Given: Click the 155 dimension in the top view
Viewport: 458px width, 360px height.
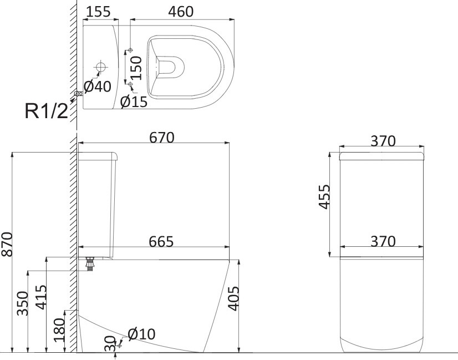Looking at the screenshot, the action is pyautogui.click(x=99, y=12).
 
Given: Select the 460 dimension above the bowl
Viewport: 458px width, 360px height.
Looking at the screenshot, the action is pyautogui.click(x=181, y=12).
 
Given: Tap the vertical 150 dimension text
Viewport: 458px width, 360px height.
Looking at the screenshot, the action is pyautogui.click(x=136, y=68).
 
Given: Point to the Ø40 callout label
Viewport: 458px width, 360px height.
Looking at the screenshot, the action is pyautogui.click(x=98, y=87).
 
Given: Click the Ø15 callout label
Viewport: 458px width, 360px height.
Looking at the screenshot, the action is pyautogui.click(x=134, y=102).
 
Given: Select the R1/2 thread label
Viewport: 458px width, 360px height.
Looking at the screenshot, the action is pyautogui.click(x=47, y=111).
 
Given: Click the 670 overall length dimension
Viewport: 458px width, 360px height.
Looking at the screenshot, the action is pyautogui.click(x=161, y=138).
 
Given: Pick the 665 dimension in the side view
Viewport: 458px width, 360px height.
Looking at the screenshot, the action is pyautogui.click(x=161, y=242).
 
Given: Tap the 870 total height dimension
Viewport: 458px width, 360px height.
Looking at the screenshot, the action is pyautogui.click(x=7, y=245).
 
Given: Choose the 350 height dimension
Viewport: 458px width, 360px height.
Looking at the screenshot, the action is pyautogui.click(x=23, y=303).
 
